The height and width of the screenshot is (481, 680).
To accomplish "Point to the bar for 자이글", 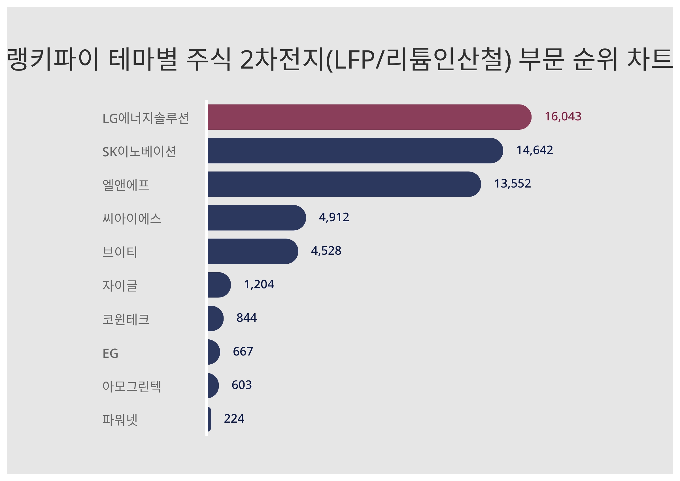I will tap(218, 285).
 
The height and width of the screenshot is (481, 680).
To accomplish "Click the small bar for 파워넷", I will tap(209, 419).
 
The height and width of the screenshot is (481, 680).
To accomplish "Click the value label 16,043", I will tap(563, 116).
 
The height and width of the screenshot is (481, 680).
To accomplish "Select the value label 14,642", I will tap(534, 150).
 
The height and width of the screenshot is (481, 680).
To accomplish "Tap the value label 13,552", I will tap(512, 184).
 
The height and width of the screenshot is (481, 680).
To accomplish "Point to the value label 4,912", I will tap(334, 217).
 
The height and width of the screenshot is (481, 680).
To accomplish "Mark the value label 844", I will tap(246, 318).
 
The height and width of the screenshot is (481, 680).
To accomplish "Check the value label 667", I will tap(243, 352).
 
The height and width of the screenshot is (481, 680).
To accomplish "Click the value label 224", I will tap(234, 418).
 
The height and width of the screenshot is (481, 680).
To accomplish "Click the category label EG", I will tap(110, 353).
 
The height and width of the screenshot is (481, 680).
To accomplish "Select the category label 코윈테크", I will tap(126, 319).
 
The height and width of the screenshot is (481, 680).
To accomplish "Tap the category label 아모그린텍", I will tap(132, 386).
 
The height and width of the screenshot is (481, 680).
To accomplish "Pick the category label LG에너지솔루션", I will tap(145, 118).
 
